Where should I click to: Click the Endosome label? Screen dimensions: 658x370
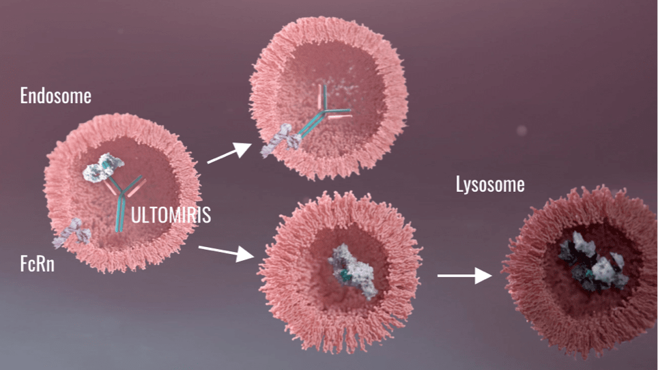(56, 96)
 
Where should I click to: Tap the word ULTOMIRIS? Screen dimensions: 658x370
(171, 215)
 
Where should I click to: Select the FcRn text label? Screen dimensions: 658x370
(38, 264)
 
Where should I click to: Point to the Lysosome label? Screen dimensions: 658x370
(490, 184)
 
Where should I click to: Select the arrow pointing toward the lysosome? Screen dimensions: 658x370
(465, 276)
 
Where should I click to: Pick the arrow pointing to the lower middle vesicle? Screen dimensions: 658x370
(226, 252)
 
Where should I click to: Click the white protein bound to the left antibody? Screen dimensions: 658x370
(103, 167)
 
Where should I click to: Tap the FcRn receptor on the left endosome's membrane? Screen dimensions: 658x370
(72, 232)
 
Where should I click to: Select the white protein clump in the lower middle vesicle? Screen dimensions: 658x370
(352, 270)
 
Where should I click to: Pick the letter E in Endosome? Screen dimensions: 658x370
(23, 96)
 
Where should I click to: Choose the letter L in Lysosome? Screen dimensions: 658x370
(459, 184)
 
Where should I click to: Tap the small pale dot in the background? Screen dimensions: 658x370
(521, 130)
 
